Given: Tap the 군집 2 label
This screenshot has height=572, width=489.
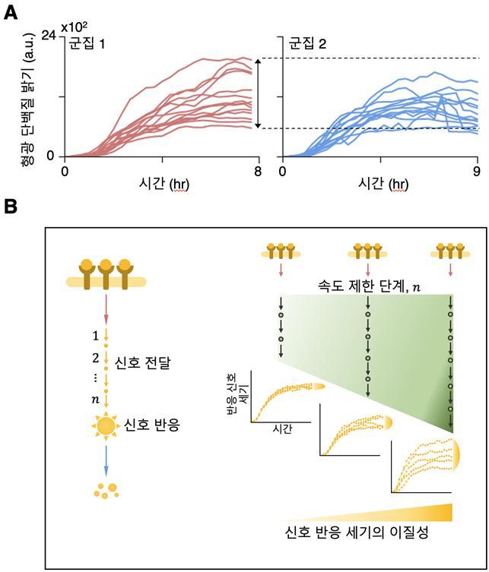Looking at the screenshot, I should [x=306, y=44].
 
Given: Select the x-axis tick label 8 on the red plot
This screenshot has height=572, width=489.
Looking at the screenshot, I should [x=258, y=171].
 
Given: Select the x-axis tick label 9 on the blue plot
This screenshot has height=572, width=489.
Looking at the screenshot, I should [x=477, y=171].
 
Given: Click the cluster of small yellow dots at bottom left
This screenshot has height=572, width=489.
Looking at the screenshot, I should [x=106, y=490].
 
